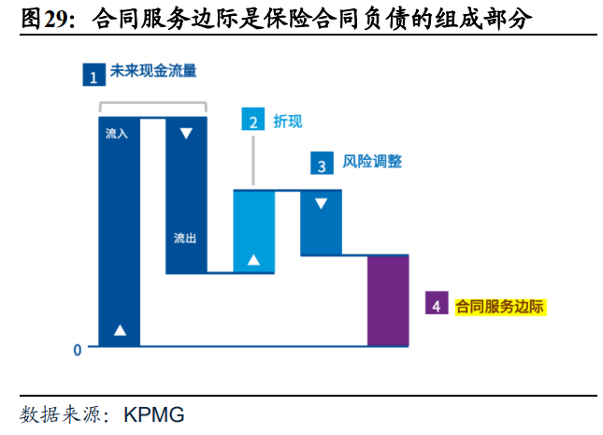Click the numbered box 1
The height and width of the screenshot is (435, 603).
coord(93,75)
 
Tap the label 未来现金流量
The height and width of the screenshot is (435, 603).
coord(153,71)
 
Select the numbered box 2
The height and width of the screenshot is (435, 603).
coord(253,119)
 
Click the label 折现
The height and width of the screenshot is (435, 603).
coord(288,122)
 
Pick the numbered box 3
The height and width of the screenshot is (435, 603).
coord(322,163)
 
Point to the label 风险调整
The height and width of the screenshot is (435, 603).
coord(372,161)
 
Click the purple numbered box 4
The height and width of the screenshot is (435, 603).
coord(437,303)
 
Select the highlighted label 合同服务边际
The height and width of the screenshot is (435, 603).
coord(500,307)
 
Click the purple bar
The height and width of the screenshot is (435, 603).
coord(388,300)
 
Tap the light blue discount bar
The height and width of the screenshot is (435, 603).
coord(254,231)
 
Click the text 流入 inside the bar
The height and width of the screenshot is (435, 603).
coord(117,134)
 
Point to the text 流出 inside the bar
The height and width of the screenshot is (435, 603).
coord(185,239)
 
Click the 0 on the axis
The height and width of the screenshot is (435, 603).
coord(78,350)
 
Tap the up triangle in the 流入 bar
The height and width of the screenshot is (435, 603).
coord(120,330)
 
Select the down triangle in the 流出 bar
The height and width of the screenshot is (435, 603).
coord(186,133)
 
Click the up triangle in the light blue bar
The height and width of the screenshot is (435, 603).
coord(253,260)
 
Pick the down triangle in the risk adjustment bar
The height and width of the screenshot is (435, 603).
coord(321,203)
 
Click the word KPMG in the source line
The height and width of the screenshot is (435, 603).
coord(154,415)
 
